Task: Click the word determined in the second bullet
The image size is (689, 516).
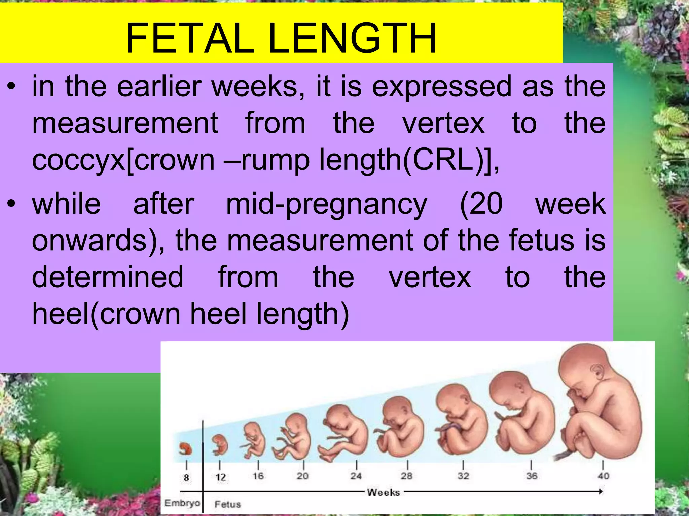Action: tap(108, 277)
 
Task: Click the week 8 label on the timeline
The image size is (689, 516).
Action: tap(186, 477)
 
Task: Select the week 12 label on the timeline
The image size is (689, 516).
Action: tap(220, 477)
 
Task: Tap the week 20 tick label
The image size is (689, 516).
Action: tap(302, 476)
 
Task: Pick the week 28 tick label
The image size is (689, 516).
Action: tap(406, 476)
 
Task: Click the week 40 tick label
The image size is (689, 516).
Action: tap(603, 476)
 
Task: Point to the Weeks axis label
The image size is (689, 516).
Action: tap(383, 492)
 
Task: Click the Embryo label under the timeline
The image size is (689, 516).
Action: tap(182, 503)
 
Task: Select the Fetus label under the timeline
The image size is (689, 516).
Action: tap(228, 504)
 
